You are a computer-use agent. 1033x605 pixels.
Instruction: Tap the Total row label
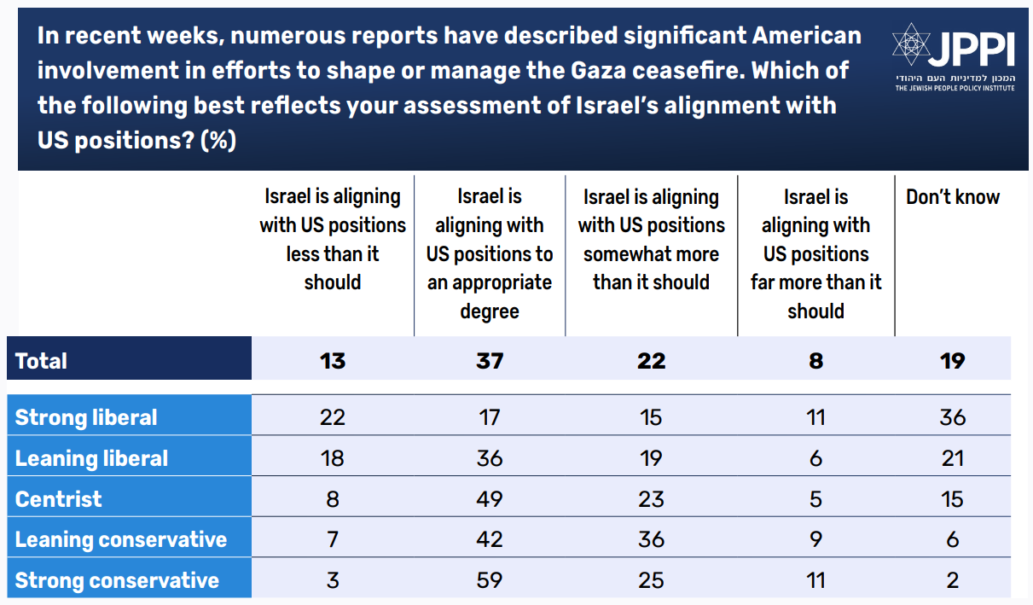(41, 361)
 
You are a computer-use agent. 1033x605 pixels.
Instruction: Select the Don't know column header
(952, 197)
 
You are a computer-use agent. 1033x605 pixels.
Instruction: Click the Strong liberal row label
(86, 417)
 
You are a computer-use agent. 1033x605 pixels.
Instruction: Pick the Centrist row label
(58, 498)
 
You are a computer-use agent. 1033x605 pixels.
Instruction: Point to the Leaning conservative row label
(121, 539)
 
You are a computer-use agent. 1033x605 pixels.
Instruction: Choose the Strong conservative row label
(117, 580)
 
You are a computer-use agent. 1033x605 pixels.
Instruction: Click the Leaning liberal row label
(91, 458)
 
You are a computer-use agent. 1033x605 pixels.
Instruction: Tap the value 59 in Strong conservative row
(489, 580)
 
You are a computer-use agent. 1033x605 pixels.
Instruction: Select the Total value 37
(489, 361)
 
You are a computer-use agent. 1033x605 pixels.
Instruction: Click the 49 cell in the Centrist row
(489, 498)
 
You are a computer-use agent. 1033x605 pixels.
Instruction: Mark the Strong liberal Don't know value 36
(952, 417)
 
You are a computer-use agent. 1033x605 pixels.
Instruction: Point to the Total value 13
(332, 361)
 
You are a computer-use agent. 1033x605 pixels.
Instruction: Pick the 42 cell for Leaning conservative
(489, 539)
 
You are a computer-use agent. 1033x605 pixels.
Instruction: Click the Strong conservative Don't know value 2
(952, 580)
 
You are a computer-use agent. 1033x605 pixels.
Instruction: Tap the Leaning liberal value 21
(952, 458)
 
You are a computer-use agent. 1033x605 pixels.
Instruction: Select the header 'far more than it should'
(815, 254)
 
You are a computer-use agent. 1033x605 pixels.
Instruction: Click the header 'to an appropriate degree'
(489, 254)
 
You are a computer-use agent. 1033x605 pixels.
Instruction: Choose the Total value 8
(815, 361)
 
